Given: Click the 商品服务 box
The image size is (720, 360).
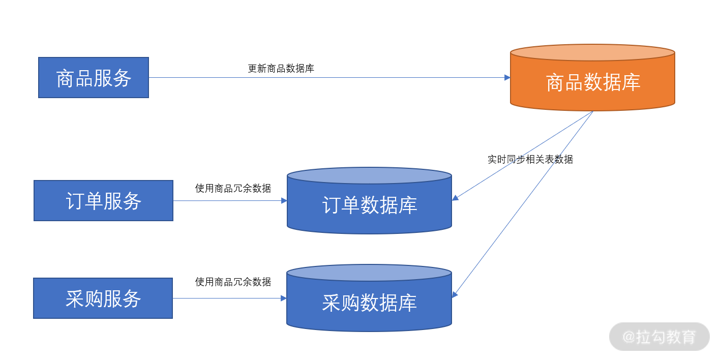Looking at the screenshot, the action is pyautogui.click(x=94, y=77).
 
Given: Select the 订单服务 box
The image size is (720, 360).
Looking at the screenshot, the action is pyautogui.click(x=104, y=200).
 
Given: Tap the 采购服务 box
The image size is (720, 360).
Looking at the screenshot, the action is pyautogui.click(x=103, y=298).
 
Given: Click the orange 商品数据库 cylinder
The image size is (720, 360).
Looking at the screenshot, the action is pyautogui.click(x=592, y=78).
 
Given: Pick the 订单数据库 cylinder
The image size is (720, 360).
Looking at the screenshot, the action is pyautogui.click(x=369, y=200).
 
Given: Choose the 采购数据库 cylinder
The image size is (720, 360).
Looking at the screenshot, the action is pyautogui.click(x=369, y=298).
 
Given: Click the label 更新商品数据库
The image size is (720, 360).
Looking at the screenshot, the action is pyautogui.click(x=281, y=69).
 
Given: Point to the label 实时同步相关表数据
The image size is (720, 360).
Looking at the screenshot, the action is pyautogui.click(x=530, y=160).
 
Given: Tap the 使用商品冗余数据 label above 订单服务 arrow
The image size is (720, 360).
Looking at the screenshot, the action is pyautogui.click(x=233, y=188).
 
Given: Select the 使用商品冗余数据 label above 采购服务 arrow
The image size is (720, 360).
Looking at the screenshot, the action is pyautogui.click(x=233, y=282).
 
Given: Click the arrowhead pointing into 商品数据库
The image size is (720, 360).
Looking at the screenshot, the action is pyautogui.click(x=507, y=77).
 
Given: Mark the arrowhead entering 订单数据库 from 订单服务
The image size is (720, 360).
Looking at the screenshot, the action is pyautogui.click(x=284, y=200).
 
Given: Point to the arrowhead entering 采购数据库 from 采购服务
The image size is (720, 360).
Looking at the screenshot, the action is pyautogui.click(x=284, y=298).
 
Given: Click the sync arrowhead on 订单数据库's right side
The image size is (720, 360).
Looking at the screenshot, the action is pyautogui.click(x=455, y=198).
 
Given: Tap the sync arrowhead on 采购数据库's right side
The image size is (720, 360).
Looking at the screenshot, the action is pyautogui.click(x=455, y=294).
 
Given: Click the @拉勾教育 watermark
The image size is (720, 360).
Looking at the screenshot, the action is pyautogui.click(x=659, y=337).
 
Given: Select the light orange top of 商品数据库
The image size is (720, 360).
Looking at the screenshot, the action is pyautogui.click(x=592, y=52).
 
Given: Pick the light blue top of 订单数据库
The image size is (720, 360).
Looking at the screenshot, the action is pyautogui.click(x=369, y=175).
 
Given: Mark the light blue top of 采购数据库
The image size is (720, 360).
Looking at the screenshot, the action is pyautogui.click(x=369, y=273).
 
